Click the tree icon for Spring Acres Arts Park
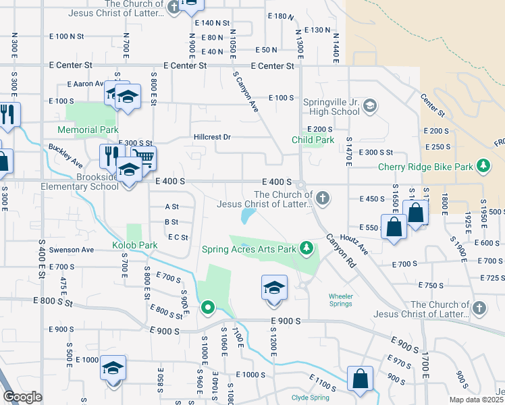[307, 248]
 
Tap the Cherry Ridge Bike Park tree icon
[483, 166]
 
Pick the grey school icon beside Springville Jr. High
[369, 105]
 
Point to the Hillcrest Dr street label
[213, 137]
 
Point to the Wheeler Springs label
[340, 300]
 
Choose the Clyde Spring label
[311, 398]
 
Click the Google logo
[22, 397]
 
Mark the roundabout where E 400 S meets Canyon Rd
[300, 185]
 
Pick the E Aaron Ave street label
[85, 84]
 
